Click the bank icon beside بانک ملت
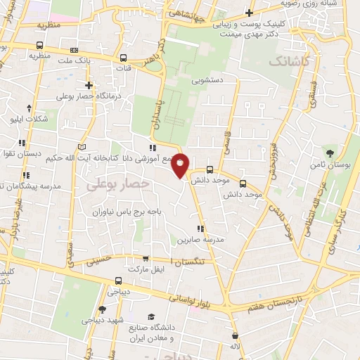pyautogui.click(x=75, y=50)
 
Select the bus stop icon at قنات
pyautogui.click(x=124, y=58)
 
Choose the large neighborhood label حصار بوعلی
pyautogui.click(x=119, y=184)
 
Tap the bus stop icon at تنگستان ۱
pyautogui.click(x=146, y=259)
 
